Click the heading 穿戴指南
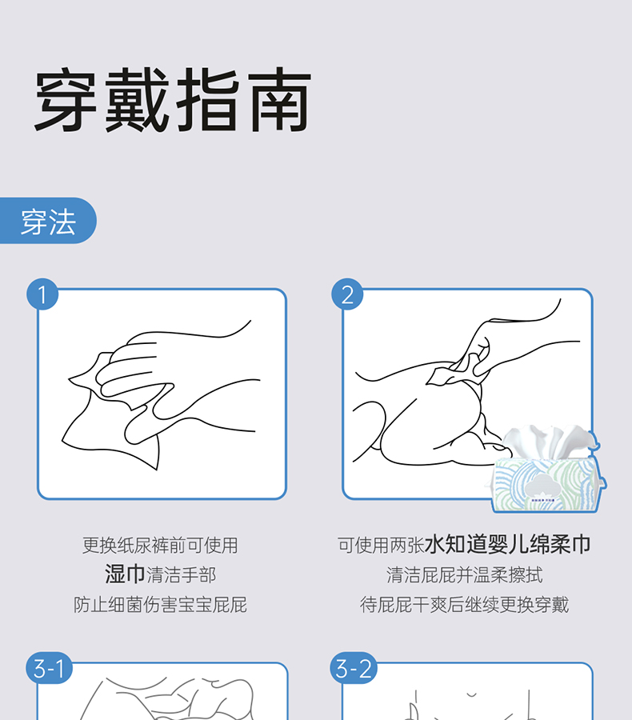click(x=173, y=100)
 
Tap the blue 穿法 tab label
click(x=48, y=221)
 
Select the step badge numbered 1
click(x=42, y=294)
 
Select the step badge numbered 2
click(x=347, y=294)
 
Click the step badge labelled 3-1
click(x=49, y=668)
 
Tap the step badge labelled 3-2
click(x=354, y=668)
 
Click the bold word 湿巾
click(x=125, y=574)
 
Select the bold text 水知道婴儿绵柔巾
click(x=507, y=545)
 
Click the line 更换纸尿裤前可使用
click(x=160, y=546)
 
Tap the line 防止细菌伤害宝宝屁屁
click(x=160, y=605)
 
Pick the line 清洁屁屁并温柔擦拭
click(x=464, y=575)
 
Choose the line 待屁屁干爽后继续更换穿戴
click(x=464, y=605)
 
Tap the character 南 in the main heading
click(x=279, y=100)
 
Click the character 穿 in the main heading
click(x=66, y=100)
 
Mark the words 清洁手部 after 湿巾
click(x=181, y=575)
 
